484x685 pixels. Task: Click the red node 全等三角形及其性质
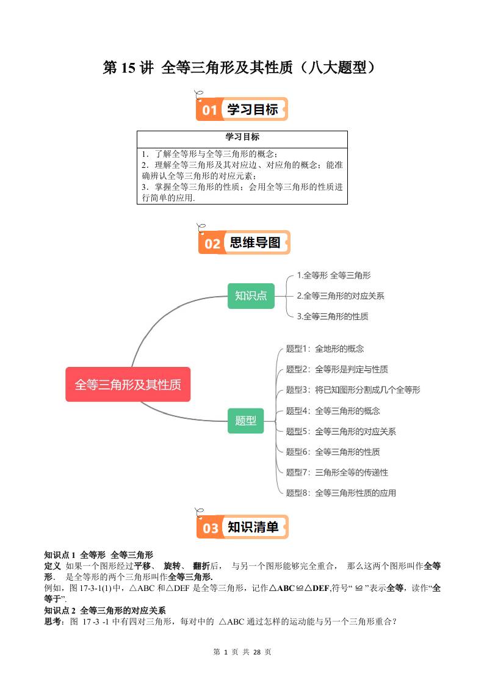point(128,385)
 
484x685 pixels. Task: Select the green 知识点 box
point(251,295)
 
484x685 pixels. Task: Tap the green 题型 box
point(245,421)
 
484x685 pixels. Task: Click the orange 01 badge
point(209,110)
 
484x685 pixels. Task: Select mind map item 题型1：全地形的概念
point(325,349)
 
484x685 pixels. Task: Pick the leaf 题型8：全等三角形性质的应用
point(341,493)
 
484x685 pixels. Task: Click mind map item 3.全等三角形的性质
point(333,316)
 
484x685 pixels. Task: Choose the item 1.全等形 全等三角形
point(333,275)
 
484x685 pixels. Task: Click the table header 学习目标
point(242,137)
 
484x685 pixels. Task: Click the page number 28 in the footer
point(256,652)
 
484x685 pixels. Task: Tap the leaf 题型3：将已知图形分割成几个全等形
point(353,390)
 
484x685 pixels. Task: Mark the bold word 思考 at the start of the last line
point(53,622)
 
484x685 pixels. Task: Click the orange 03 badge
point(210,527)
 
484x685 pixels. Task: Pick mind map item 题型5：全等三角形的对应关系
point(341,431)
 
